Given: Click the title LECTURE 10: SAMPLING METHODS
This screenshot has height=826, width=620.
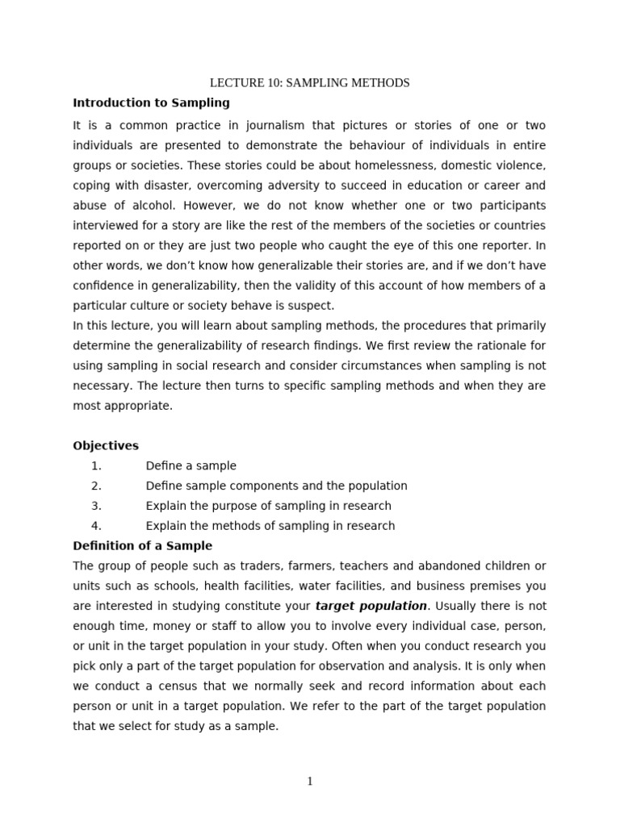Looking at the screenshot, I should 310,83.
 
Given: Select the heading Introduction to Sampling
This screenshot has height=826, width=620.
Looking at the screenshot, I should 151,102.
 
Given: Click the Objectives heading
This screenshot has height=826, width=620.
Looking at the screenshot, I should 106,445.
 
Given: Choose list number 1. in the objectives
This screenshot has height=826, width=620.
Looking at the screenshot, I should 96,465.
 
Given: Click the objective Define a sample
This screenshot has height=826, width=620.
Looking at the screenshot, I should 191,465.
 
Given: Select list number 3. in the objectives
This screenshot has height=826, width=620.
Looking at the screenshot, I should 96,506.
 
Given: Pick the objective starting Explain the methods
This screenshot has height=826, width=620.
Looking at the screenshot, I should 270,526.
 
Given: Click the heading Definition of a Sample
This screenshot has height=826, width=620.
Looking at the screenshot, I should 143,546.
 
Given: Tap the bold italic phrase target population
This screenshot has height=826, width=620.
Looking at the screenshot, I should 371,606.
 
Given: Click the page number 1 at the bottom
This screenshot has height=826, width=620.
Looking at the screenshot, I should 310,782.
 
